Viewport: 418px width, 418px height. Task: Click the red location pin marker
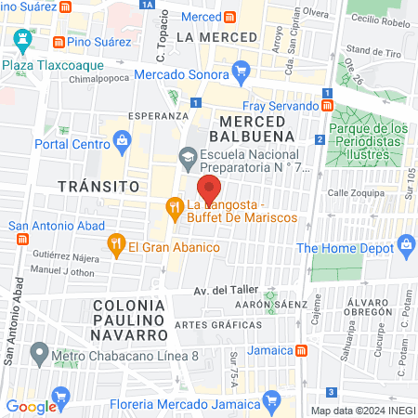pyautogui.click(x=210, y=189)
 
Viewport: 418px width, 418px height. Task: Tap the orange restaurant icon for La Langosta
pyautogui.click(x=173, y=206)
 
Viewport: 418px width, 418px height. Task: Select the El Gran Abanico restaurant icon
pyautogui.click(x=115, y=246)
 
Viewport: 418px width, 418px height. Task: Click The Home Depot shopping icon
pyautogui.click(x=405, y=246)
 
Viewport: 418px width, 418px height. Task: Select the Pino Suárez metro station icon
pyautogui.click(x=59, y=43)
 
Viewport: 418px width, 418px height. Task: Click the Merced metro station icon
pyautogui.click(x=229, y=18)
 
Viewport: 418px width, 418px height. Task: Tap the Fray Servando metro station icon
pyautogui.click(x=327, y=106)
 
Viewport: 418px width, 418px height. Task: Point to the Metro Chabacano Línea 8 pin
pyautogui.click(x=39, y=354)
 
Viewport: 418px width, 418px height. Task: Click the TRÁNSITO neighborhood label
pyautogui.click(x=92, y=186)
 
